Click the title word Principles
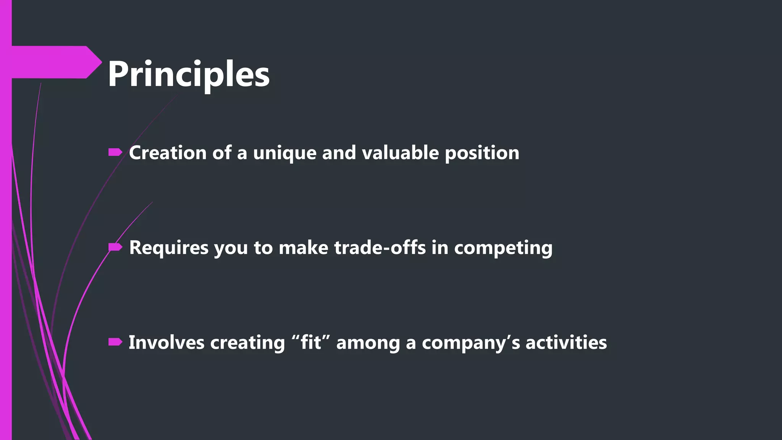coord(189,74)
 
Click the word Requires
coord(169,248)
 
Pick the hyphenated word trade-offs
coord(380,247)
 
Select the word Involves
coord(166,343)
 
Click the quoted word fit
coord(311,342)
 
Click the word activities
coord(566,343)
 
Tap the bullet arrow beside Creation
coord(115,153)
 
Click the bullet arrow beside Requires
coord(115,247)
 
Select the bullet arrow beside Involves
coord(115,342)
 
